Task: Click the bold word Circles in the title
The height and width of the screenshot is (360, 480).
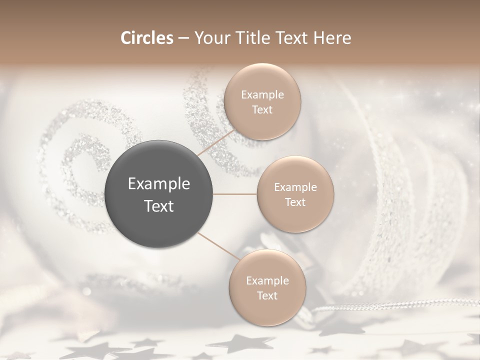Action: [x=146, y=38]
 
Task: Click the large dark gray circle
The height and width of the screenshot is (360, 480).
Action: [x=159, y=194]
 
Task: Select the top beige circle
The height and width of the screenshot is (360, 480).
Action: [x=262, y=102]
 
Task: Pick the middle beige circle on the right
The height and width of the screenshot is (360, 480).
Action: [x=295, y=194]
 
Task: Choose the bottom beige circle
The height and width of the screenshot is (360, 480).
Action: [x=267, y=287]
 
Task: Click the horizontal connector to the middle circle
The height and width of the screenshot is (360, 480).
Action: [x=235, y=194]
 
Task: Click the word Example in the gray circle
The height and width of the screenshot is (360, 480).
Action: [x=159, y=184]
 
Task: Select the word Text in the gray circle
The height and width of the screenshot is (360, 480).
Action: [x=159, y=206]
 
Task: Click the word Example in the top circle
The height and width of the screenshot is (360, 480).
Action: [x=262, y=95]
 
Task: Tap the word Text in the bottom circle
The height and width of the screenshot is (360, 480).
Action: [x=267, y=295]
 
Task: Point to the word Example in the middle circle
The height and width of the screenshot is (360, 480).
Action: [x=295, y=187]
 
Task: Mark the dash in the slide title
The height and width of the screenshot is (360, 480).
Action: [x=183, y=38]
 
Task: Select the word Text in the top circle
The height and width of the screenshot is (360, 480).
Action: [x=262, y=110]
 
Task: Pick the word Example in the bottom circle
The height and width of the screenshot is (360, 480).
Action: [x=267, y=281]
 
